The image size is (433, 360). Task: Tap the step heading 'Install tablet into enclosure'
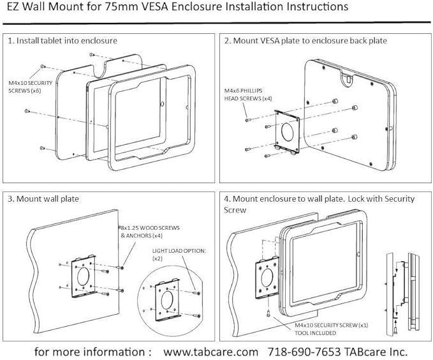(67, 40)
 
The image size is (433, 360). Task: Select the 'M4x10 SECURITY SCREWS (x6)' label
(36, 87)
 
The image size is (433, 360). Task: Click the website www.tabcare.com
(211, 351)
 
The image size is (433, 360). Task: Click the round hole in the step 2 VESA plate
(287, 133)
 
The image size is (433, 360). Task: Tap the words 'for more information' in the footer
(92, 351)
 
